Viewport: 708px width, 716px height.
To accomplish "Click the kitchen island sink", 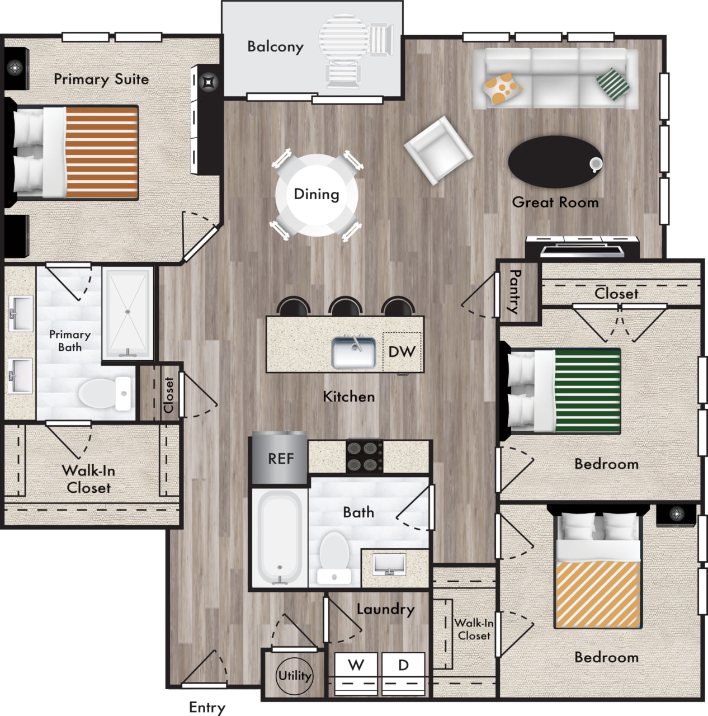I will coord(353,352).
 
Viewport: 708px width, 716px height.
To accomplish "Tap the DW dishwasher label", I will coord(402,352).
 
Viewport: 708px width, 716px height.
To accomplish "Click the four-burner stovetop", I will coord(364,456).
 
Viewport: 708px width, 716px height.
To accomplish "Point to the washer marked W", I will coord(356,673).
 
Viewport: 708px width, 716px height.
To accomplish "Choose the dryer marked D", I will coord(403,673).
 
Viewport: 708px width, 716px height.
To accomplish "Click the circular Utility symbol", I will coord(294,676).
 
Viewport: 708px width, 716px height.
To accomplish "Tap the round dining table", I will coord(317,195).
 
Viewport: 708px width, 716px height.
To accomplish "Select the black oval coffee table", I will coord(555,161).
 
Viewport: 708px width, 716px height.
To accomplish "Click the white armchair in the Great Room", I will coord(438,150).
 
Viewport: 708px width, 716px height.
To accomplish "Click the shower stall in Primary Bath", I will coord(128,313).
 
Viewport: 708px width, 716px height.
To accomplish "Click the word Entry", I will coord(207,707).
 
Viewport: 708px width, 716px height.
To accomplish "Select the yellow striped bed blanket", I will coord(598,594).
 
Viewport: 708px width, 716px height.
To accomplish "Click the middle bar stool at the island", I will coord(346,307).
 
